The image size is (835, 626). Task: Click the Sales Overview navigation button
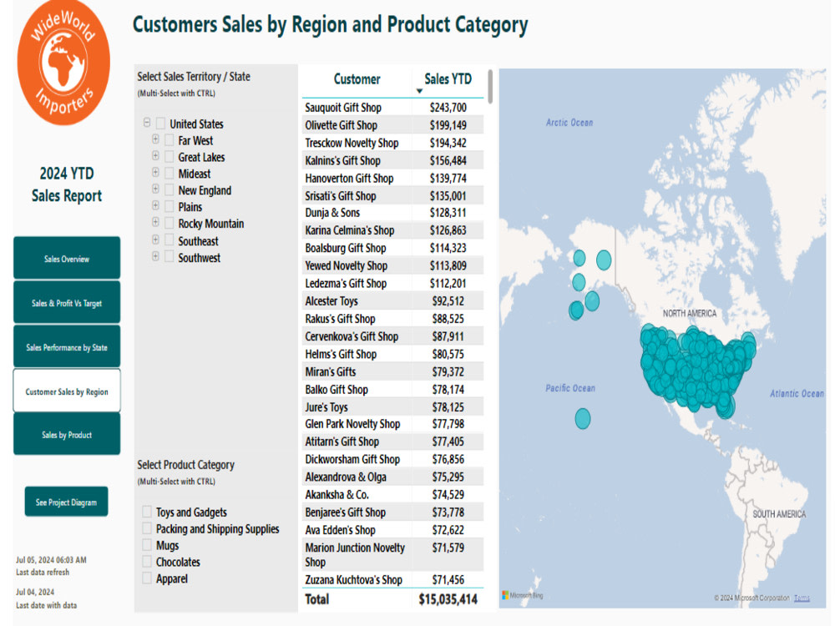point(67,258)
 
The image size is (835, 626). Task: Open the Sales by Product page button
point(67,434)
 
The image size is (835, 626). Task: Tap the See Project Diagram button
point(67,502)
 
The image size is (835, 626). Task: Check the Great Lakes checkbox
point(170,157)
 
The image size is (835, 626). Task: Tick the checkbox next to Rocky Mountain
point(170,224)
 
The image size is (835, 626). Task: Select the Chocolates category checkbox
point(147,562)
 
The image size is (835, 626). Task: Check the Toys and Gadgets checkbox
point(147,512)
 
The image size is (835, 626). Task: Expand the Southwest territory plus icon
point(155,256)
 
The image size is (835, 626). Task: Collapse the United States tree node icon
point(147,123)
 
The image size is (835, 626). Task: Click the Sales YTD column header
point(448,79)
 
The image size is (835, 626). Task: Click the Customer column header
point(357,79)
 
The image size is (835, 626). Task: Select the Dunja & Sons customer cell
point(332,213)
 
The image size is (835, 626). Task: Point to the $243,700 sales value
point(448,108)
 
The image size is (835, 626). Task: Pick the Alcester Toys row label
point(331,301)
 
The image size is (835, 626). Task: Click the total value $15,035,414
point(448,599)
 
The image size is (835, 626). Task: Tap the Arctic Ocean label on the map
point(569,123)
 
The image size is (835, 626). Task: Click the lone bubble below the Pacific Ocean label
point(583,418)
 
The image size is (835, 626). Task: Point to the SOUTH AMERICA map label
point(779,514)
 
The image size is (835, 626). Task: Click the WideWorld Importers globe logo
point(64,63)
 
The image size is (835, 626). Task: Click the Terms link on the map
point(802,598)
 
